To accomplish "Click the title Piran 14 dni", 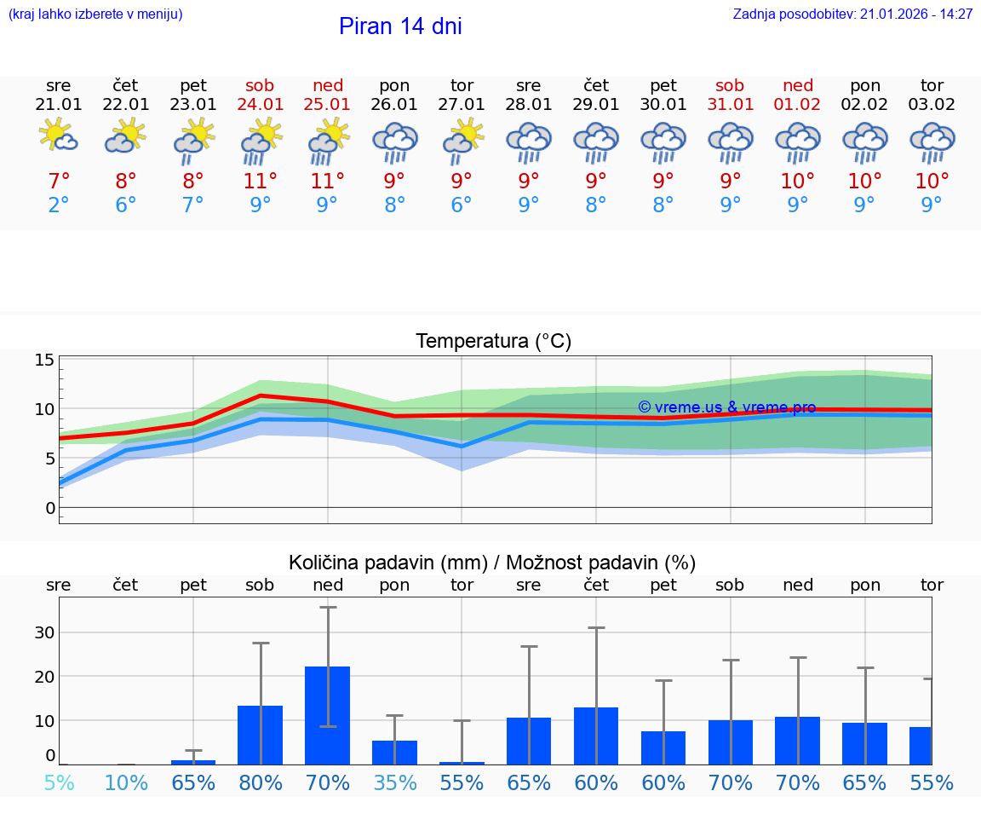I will pyautogui.click(x=400, y=26).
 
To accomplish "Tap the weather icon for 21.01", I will pyautogui.click(x=59, y=138).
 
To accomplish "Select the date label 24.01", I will pyautogui.click(x=261, y=105).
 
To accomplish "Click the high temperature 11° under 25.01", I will pyautogui.click(x=328, y=182).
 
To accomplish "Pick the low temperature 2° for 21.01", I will pyautogui.click(x=59, y=205).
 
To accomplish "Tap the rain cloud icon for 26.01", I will pyautogui.click(x=394, y=141).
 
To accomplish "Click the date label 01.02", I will pyautogui.click(x=798, y=105).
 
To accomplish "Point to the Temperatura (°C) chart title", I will pyautogui.click(x=493, y=342).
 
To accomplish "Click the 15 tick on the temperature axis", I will pyautogui.click(x=45, y=360).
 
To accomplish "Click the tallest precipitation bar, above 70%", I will pyautogui.click(x=328, y=714).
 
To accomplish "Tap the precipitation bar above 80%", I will pyautogui.click(x=261, y=734).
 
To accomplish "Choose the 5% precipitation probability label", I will pyautogui.click(x=59, y=782).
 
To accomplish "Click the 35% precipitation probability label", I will pyautogui.click(x=394, y=782).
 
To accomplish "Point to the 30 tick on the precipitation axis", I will pyautogui.click(x=45, y=632).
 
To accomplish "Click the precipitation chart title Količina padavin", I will pyautogui.click(x=492, y=563).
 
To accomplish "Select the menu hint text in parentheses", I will pyautogui.click(x=95, y=14).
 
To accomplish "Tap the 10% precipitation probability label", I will pyautogui.click(x=126, y=782).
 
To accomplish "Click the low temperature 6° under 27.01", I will pyautogui.click(x=462, y=205).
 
